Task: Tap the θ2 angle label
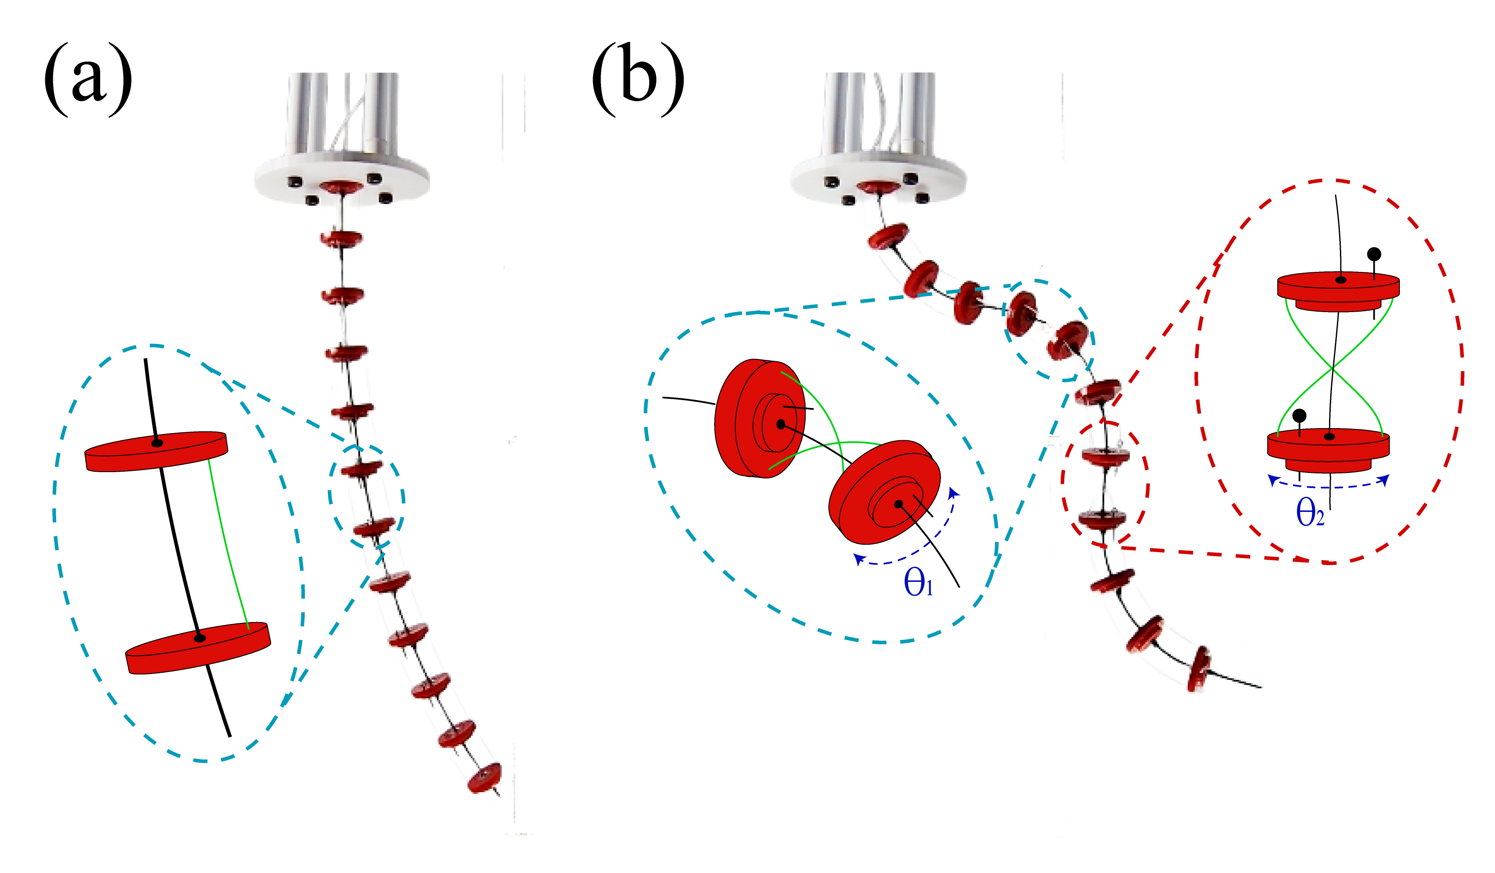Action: (1309, 511)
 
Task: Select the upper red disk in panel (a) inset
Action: (156, 452)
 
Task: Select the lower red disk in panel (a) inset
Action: (198, 648)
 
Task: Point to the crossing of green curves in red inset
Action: (1332, 369)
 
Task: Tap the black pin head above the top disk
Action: (1374, 254)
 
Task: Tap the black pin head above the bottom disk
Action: (1299, 415)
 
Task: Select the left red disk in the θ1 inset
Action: (759, 418)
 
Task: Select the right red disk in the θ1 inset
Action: (884, 492)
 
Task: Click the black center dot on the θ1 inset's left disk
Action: (781, 424)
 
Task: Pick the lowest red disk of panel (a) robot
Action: (484, 778)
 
